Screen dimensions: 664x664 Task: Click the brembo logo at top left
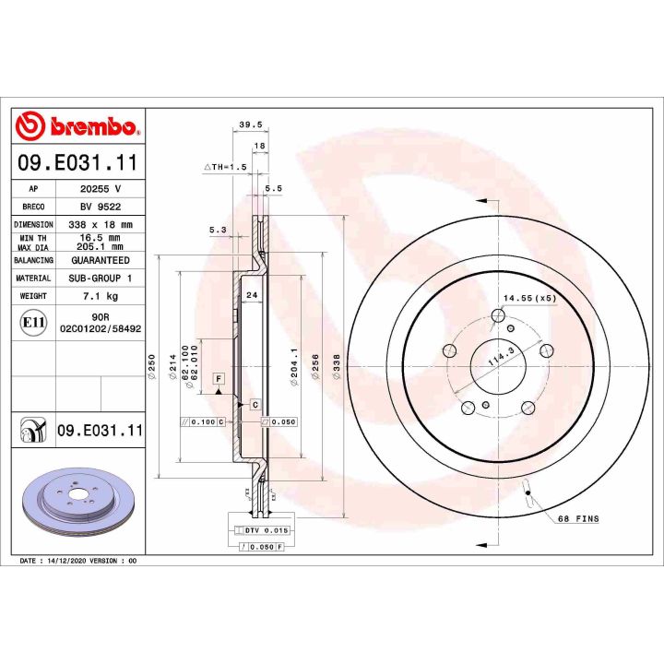(x=77, y=126)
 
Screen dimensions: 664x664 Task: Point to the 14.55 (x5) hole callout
(x=528, y=298)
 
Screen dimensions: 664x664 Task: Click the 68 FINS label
(x=578, y=519)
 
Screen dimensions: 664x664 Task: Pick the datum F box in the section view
(x=219, y=379)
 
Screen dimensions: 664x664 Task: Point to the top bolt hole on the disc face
(x=498, y=317)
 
